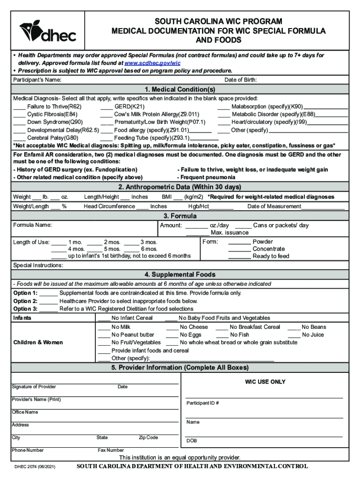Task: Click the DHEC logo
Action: click(x=47, y=30)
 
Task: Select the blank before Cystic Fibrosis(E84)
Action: click(x=19, y=114)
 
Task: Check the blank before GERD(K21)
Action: click(x=106, y=107)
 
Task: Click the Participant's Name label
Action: click(x=37, y=80)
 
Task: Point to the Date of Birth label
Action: click(x=240, y=80)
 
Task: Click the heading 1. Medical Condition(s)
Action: click(x=180, y=89)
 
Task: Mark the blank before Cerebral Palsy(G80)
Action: click(x=19, y=138)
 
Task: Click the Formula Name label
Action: click(x=32, y=225)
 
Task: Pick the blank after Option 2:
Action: click(x=49, y=301)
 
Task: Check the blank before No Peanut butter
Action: click(x=104, y=335)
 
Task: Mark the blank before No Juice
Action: click(x=294, y=335)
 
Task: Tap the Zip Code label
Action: click(x=148, y=438)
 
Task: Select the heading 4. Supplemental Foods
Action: click(x=180, y=275)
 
